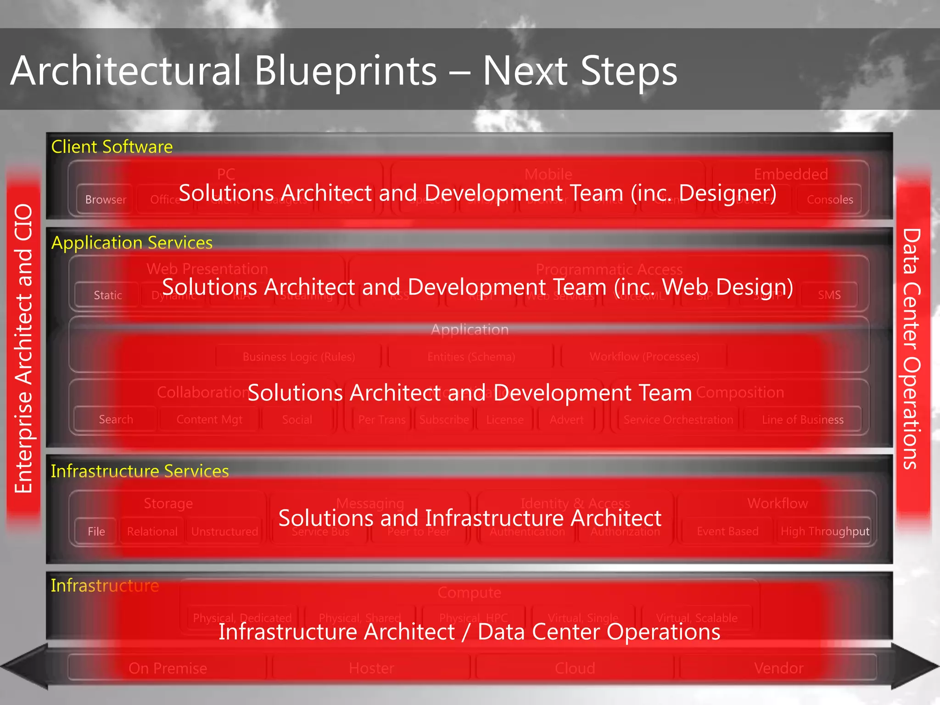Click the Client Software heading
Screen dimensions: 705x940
(x=112, y=147)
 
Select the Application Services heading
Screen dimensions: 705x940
(x=132, y=242)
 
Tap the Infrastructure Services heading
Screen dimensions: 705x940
(x=140, y=471)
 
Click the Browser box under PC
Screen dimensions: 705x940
(x=105, y=200)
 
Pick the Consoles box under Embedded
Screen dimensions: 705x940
(x=829, y=200)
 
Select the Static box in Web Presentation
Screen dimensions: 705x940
(x=107, y=295)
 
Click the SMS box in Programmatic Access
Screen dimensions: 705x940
(x=829, y=295)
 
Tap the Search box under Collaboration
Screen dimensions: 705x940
(x=116, y=420)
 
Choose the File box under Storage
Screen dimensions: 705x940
(x=96, y=532)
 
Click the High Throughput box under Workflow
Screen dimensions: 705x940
(x=825, y=532)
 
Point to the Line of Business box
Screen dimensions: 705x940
(x=802, y=420)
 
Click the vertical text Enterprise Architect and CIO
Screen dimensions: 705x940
(x=23, y=349)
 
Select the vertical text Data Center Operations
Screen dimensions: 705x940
(x=912, y=349)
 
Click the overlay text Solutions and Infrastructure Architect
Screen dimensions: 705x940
(x=470, y=518)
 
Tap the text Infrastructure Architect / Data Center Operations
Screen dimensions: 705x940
(x=469, y=632)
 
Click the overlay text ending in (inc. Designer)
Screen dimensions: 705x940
(x=477, y=193)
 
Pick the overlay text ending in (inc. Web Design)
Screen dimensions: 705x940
(x=477, y=287)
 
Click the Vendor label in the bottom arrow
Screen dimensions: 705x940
(x=778, y=668)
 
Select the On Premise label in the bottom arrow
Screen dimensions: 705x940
(x=168, y=668)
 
